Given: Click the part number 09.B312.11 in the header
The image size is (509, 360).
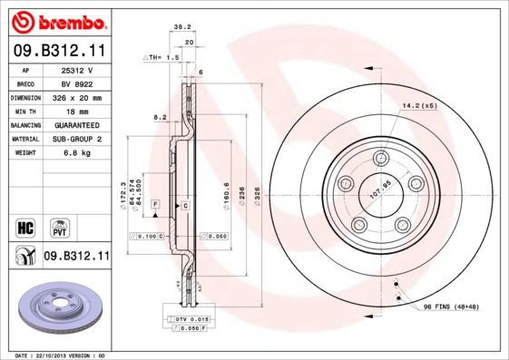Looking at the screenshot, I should [59, 52].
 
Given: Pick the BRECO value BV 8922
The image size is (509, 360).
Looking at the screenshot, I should [75, 83].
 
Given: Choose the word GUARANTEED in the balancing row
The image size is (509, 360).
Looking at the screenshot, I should [75, 125].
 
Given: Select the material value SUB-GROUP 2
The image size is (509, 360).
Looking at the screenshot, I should [75, 139].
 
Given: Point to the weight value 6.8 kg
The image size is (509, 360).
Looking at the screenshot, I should [75, 153].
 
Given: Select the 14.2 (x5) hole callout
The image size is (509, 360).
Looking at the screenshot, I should [419, 106].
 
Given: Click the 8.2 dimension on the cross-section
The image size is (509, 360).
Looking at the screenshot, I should [159, 117].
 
